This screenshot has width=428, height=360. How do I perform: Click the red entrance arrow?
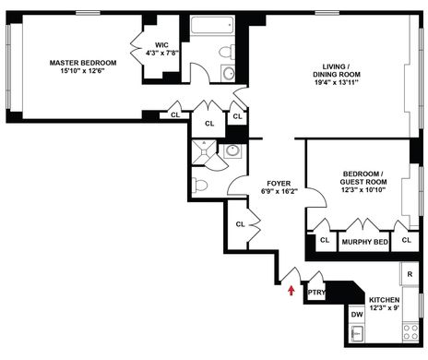[x=291, y=291]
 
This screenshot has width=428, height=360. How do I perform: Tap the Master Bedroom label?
[x=83, y=63]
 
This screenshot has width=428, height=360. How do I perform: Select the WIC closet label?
[x=161, y=45]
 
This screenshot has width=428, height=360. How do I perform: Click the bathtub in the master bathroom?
[x=212, y=25]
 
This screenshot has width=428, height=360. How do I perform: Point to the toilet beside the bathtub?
[x=227, y=52]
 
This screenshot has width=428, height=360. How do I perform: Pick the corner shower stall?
[x=203, y=152]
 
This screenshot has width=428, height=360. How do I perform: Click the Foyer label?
[x=279, y=184]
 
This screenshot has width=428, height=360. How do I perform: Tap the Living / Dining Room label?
[x=337, y=70]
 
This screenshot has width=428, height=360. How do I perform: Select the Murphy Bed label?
[x=365, y=242]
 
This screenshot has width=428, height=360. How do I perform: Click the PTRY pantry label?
[x=316, y=292]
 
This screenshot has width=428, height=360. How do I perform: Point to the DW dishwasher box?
[x=357, y=315]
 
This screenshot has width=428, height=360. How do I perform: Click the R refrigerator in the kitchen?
[x=410, y=274]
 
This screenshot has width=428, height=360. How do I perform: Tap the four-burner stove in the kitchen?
[x=410, y=332]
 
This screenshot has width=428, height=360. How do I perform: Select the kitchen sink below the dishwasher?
[x=357, y=333]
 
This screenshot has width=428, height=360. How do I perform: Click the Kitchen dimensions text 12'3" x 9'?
[x=384, y=307]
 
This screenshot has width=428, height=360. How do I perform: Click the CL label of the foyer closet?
[x=240, y=224]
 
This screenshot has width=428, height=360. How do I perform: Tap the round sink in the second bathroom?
[x=232, y=151]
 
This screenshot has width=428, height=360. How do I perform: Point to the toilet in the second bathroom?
[x=199, y=186]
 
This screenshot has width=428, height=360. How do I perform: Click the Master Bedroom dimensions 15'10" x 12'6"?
[x=83, y=71]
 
